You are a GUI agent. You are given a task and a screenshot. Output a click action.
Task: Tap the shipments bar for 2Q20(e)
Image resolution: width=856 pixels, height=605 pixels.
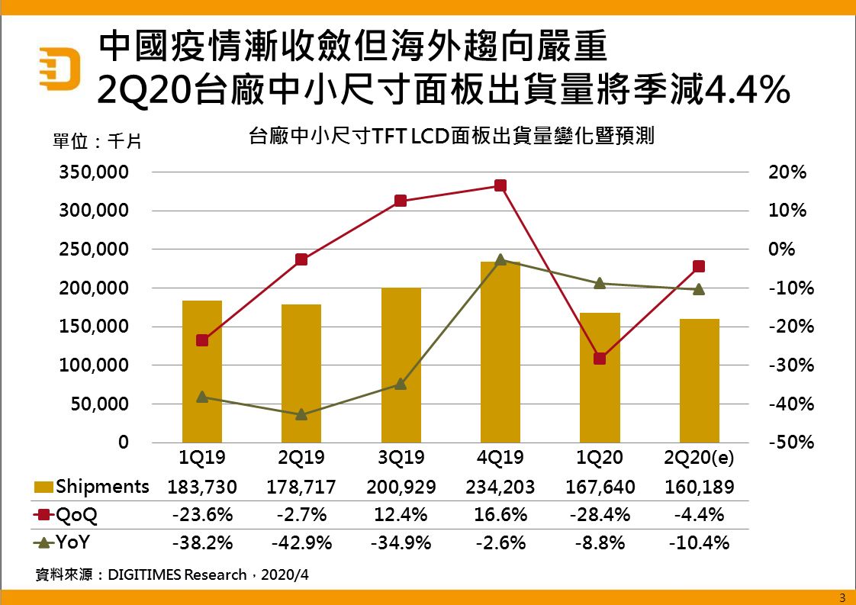pyautogui.click(x=699, y=381)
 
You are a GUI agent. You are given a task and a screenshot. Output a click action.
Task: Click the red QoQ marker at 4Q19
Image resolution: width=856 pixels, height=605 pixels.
pyautogui.click(x=500, y=185)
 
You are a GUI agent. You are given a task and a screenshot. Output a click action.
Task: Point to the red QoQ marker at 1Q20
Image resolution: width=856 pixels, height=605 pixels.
pyautogui.click(x=600, y=359)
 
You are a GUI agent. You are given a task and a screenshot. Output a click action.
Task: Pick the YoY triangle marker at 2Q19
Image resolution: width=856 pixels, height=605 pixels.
pyautogui.click(x=301, y=414)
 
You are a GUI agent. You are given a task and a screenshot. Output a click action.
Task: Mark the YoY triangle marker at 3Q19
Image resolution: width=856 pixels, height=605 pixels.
pyautogui.click(x=401, y=384)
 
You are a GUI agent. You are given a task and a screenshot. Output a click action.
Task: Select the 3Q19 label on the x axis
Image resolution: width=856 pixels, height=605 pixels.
pyautogui.click(x=401, y=459)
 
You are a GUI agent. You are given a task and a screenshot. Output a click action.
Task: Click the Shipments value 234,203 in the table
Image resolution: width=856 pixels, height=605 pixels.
pyautogui.click(x=500, y=487)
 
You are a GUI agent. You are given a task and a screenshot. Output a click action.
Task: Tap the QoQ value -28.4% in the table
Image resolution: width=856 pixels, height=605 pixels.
pyautogui.click(x=600, y=515)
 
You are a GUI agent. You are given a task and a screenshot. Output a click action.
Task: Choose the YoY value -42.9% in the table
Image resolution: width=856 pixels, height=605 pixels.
pyautogui.click(x=301, y=543)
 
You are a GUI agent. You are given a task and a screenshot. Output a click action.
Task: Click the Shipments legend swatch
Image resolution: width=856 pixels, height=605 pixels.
pyautogui.click(x=44, y=488)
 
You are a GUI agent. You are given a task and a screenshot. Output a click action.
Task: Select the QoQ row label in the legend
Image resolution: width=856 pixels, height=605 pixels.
pyautogui.click(x=77, y=515)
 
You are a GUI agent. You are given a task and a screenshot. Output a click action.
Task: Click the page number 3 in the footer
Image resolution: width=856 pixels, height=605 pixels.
pyautogui.click(x=842, y=597)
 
